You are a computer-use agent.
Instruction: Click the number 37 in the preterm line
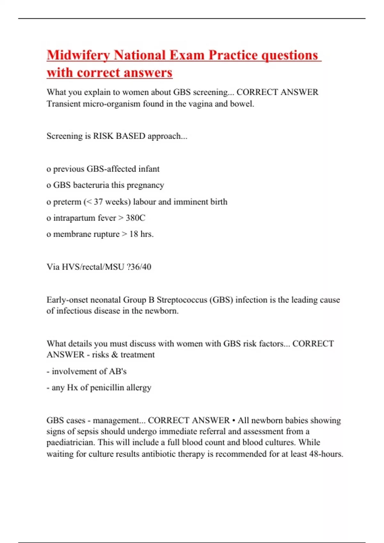[x=98, y=202]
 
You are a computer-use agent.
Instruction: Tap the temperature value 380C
[x=135, y=218]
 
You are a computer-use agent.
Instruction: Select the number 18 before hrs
[x=134, y=234]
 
